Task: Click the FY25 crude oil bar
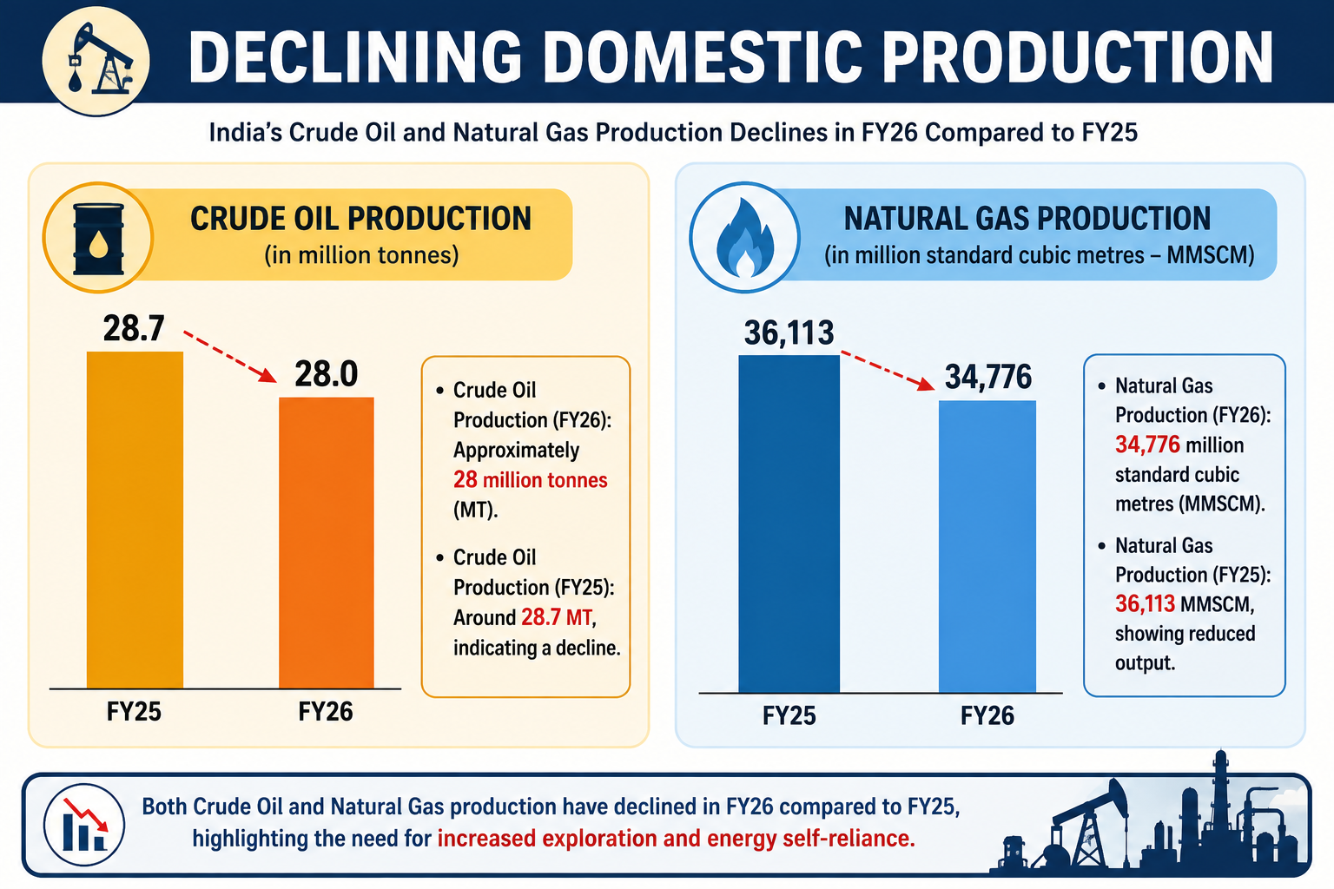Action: click(135, 520)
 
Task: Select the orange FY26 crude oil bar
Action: click(327, 543)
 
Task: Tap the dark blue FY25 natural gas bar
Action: click(789, 524)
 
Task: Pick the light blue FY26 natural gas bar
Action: click(987, 547)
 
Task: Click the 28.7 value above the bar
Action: click(134, 328)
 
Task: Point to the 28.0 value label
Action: click(327, 374)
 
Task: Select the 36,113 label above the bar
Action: click(789, 333)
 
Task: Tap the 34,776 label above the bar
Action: click(988, 377)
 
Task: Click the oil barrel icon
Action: click(98, 238)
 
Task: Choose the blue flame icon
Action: click(745, 238)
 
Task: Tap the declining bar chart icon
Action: click(84, 824)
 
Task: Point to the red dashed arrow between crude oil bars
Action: click(230, 357)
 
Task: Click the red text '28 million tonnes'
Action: click(530, 480)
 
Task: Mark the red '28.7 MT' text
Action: click(557, 617)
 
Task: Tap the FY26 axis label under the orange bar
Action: click(325, 712)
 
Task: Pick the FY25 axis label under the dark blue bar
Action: click(789, 715)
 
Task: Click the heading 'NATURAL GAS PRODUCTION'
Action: click(1027, 219)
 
